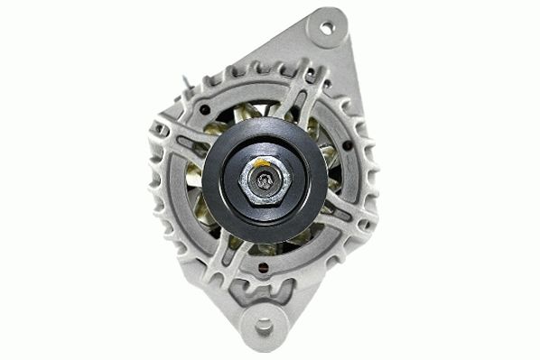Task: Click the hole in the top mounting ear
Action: pyautogui.click(x=327, y=28)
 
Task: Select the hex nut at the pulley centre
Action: pyautogui.click(x=265, y=180)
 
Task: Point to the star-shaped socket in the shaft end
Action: pyautogui.click(x=266, y=180)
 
